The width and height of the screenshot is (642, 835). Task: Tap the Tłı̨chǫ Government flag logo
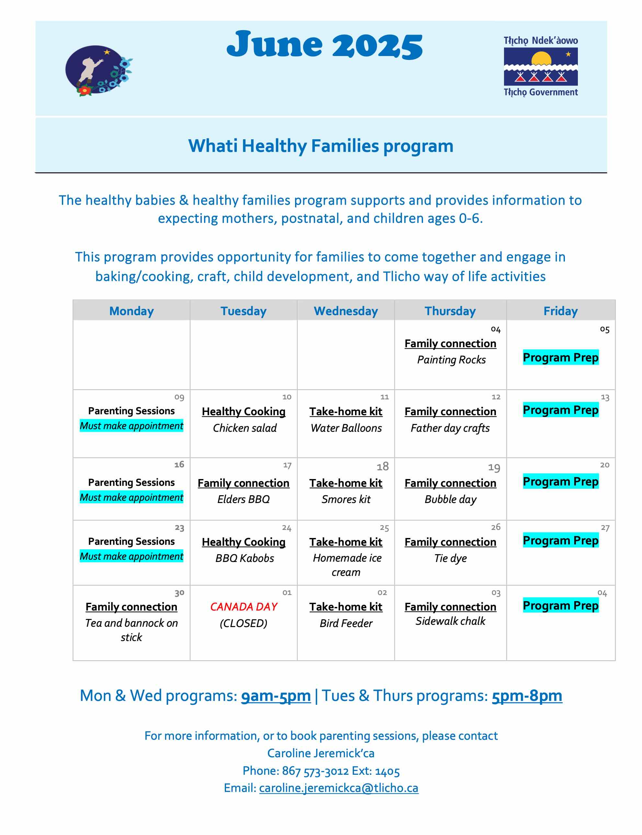point(540,66)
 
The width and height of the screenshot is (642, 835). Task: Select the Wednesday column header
point(346,311)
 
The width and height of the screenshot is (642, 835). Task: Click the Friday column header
point(561,311)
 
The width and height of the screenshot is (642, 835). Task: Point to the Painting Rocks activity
point(451,360)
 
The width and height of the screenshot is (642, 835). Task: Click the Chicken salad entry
point(245,428)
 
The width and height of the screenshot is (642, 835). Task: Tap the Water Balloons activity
point(346,428)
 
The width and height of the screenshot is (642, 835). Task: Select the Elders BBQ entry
point(244,499)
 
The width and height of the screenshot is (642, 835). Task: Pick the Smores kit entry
point(346,499)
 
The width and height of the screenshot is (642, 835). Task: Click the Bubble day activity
point(451,499)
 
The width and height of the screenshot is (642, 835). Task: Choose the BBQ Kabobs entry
point(245,558)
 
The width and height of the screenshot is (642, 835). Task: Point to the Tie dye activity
point(451,558)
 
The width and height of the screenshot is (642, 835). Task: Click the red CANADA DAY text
point(244,607)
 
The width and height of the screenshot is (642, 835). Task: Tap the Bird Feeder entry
point(346,623)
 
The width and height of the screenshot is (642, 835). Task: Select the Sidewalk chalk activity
point(451,621)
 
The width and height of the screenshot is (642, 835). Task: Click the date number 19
point(494,468)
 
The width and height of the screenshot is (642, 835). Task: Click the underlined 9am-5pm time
point(276,696)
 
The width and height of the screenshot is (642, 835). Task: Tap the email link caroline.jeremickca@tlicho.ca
point(338,788)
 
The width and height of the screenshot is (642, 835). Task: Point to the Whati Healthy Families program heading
point(321,146)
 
